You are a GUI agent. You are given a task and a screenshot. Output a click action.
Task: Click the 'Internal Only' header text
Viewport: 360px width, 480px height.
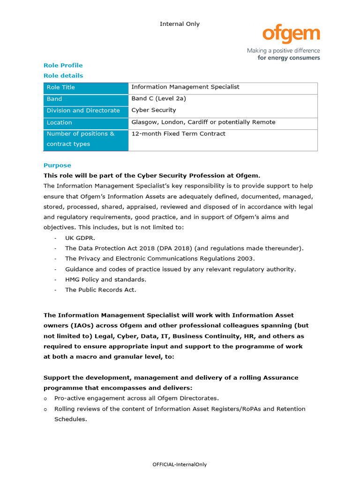click(180, 24)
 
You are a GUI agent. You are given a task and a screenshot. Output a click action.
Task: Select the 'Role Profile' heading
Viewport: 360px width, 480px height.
click(63, 65)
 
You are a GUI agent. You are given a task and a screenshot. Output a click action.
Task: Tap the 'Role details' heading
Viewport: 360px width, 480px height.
click(63, 75)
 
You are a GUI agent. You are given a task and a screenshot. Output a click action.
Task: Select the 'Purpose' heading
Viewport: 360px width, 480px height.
click(57, 165)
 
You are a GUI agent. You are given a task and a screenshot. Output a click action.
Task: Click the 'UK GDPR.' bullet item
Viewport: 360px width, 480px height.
click(80, 238)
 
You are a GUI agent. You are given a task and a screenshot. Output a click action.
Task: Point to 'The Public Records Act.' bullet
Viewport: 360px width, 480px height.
click(101, 290)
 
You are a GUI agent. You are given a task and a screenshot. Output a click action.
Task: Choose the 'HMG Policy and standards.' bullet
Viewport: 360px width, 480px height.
click(106, 279)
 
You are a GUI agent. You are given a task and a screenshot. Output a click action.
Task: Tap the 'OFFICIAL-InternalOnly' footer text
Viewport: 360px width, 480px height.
click(180, 465)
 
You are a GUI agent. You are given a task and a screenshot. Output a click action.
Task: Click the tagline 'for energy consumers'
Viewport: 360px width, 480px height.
click(289, 58)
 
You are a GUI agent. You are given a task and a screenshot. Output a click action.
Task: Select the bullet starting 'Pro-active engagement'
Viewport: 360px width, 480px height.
click(136, 398)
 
